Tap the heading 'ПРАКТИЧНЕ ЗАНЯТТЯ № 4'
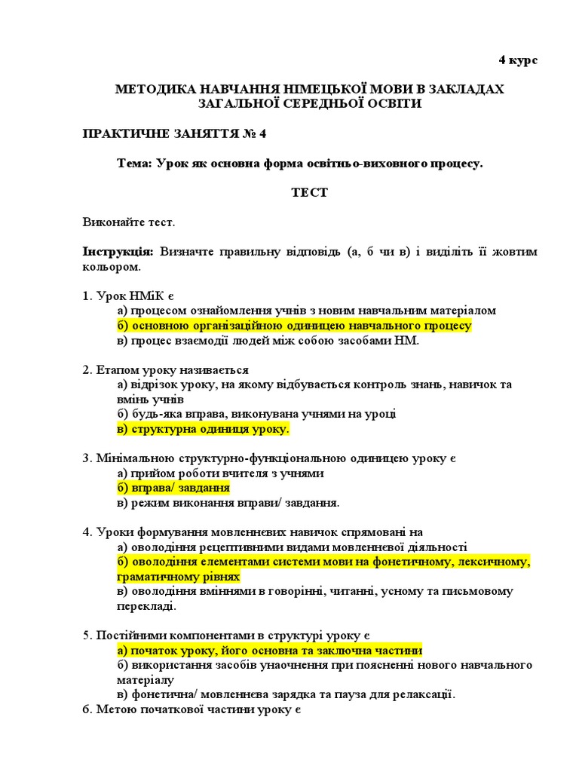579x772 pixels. [x=174, y=133]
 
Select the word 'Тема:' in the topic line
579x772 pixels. [x=135, y=163]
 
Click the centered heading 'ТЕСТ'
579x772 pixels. [x=309, y=192]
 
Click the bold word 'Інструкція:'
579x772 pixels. [x=118, y=252]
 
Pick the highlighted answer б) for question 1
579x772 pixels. [x=294, y=326]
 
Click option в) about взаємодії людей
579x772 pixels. [x=268, y=340]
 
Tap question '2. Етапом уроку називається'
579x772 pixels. [x=165, y=370]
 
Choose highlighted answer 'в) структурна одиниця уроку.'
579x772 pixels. [x=203, y=429]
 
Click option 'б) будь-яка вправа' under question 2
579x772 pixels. [x=256, y=414]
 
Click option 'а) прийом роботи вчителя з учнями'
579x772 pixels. [x=220, y=473]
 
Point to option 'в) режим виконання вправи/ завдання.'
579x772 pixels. [x=228, y=502]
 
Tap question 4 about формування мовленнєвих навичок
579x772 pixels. [x=253, y=532]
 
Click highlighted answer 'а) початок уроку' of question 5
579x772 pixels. [x=269, y=650]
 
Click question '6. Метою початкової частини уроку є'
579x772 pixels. [x=191, y=709]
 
